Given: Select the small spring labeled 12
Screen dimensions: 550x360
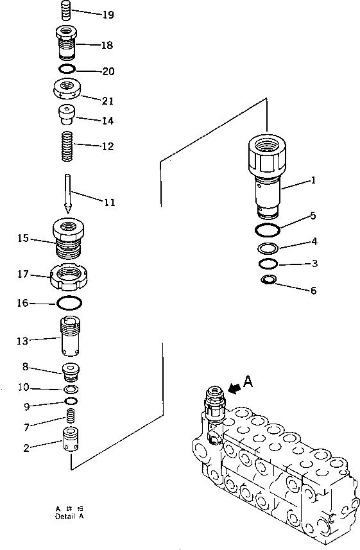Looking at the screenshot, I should coord(67,147).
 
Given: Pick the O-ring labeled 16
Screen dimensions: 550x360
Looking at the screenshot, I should coord(69,302).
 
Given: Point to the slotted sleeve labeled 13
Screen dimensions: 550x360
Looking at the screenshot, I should coord(71,337).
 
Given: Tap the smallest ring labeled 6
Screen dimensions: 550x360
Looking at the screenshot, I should coord(269,279).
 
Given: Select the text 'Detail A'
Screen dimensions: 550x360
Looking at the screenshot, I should coord(69,516).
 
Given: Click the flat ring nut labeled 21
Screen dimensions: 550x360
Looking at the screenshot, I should coord(67,88).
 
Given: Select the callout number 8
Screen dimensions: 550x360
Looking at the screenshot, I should coord(25,367).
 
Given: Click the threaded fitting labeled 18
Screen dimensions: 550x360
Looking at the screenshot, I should coord(67,43).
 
